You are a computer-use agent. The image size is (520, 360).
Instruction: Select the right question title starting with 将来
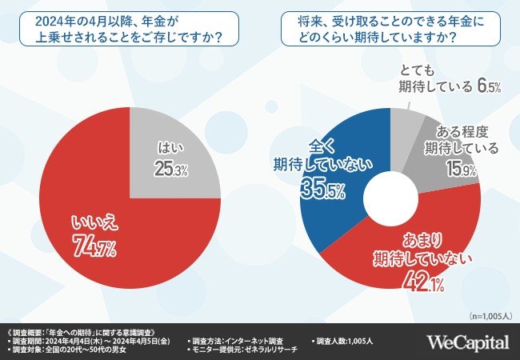(x=390, y=28)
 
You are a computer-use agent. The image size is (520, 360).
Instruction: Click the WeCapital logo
(x=466, y=342)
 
